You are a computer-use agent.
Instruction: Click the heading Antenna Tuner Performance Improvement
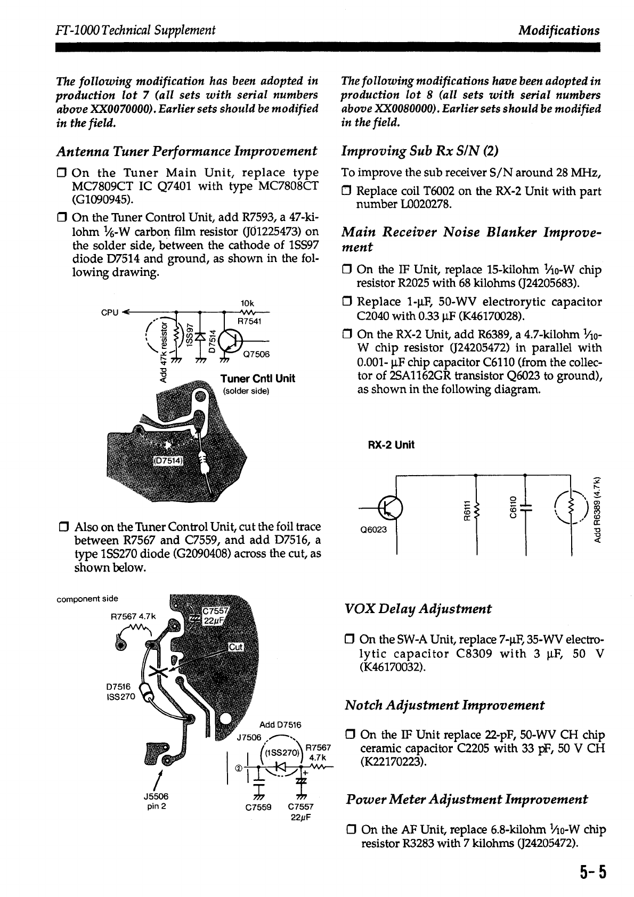tap(187, 151)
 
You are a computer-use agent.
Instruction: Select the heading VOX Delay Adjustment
tap(418, 609)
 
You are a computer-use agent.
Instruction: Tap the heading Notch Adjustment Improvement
tap(444, 705)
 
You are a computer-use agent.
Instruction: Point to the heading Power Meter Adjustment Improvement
tap(467, 800)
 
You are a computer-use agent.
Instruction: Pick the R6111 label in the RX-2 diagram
tap(466, 508)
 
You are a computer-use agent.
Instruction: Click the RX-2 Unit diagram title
tap(391, 445)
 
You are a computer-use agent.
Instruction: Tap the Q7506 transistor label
tap(256, 354)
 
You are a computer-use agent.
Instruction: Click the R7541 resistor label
tap(248, 321)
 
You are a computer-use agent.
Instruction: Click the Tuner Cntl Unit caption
tap(258, 379)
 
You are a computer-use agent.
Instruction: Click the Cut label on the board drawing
tap(236, 647)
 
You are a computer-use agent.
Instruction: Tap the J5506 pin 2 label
tap(156, 801)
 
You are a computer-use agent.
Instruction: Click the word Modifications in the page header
tap(559, 30)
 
